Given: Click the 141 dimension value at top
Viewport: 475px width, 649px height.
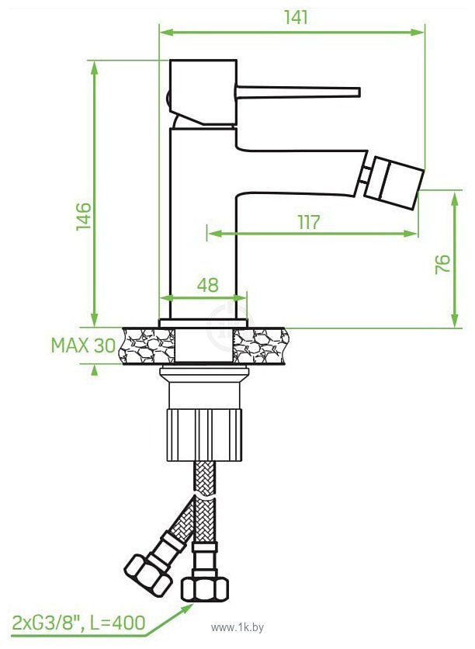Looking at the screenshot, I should pos(294,17).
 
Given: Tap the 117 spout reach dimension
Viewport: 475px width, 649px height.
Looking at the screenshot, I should pos(308,221).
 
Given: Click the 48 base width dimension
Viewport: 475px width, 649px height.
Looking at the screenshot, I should pos(206,284).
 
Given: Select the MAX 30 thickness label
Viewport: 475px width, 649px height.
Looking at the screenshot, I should pos(82,345).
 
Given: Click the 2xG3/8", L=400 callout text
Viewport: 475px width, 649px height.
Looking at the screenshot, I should pos(78,621).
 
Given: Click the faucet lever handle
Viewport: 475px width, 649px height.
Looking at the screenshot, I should pos(299,92).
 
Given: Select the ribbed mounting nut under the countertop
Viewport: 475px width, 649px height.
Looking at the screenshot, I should pos(203,436).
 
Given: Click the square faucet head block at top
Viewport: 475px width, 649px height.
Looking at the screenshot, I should pos(203,91).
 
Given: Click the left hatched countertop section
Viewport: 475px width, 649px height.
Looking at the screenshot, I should pos(147,345).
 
